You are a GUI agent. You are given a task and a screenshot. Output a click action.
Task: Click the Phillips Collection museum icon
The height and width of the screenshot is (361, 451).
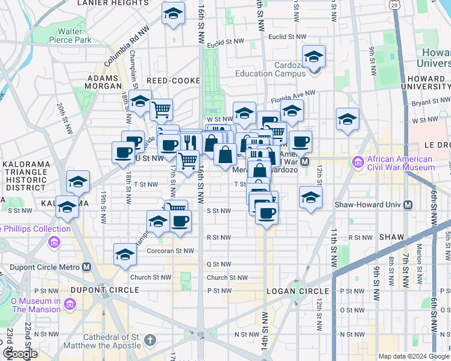[54, 242]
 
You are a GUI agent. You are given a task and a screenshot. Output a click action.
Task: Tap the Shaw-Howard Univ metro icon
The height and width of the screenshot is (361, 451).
[408, 205]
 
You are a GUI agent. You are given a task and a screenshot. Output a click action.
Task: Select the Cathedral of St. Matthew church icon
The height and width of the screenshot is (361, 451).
[150, 341]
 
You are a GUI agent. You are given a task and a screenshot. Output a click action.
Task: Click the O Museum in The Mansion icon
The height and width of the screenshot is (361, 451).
[71, 304]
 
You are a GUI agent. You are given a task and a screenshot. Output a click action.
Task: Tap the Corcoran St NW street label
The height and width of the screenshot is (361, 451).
[171, 251]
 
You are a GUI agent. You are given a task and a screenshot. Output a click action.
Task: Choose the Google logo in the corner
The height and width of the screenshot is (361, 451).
[20, 354]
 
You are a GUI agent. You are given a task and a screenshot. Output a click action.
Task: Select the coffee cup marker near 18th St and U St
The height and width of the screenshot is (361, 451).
[123, 152]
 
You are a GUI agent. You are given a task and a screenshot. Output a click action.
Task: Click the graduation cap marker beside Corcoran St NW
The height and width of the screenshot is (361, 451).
[125, 253]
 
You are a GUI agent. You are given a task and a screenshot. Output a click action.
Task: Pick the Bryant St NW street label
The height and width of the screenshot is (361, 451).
[429, 103]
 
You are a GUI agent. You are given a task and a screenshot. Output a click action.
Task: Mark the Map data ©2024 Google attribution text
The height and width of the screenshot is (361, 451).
[413, 356]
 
